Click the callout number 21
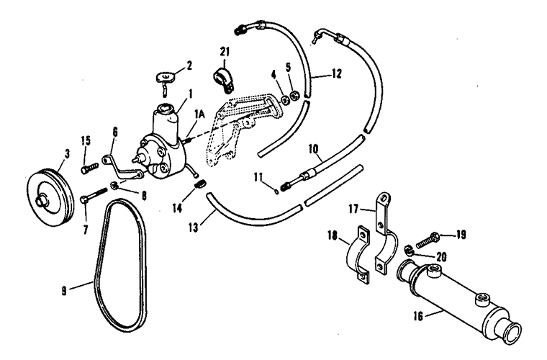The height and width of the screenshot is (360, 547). [x=225, y=52]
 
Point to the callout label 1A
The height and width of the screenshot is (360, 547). [x=199, y=114]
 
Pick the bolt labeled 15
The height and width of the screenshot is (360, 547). [x=90, y=168]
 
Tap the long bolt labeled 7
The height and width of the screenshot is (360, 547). [x=94, y=195]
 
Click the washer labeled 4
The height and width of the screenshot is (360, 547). [x=285, y=100]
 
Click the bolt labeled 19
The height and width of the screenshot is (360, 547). [x=428, y=240]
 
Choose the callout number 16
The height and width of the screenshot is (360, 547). [x=418, y=316]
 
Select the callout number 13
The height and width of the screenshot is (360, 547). [x=193, y=228]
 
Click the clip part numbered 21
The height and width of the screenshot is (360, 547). [x=223, y=78]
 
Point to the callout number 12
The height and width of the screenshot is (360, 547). [x=337, y=73]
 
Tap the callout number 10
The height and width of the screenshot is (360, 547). [x=313, y=149]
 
